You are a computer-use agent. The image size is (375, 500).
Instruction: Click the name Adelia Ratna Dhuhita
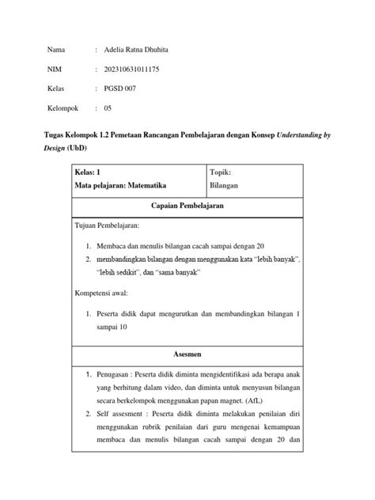point(136,50)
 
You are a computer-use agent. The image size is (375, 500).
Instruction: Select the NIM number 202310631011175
point(132,70)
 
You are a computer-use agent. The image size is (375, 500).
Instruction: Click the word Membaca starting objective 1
point(111,246)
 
